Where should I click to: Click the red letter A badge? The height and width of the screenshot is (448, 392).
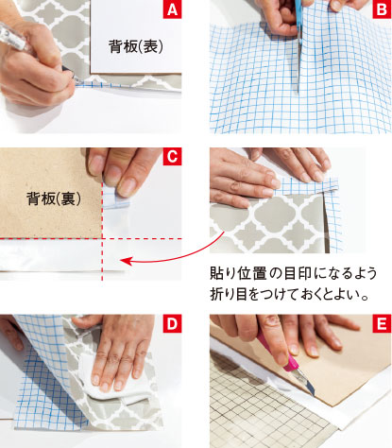click(172, 9)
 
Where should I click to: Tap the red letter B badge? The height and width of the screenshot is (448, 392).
click(382, 9)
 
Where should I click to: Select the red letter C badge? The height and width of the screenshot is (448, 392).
click(172, 157)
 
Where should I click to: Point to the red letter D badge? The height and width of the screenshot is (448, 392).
click(172, 323)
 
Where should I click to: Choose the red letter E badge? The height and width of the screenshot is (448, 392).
click(382, 323)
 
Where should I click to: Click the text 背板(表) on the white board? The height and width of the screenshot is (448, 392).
click(136, 46)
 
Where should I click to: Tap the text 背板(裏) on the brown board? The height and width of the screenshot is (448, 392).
click(54, 198)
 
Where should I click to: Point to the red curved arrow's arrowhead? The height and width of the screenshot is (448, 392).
click(125, 261)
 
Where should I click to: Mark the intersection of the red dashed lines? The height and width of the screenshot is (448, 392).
click(102, 239)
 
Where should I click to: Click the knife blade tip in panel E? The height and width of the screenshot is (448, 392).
click(314, 395)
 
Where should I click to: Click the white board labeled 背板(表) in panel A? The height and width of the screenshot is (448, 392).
click(136, 37)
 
